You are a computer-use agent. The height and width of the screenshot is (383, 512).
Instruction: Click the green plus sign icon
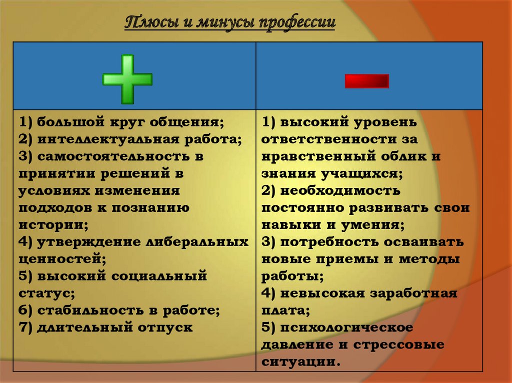[x=127, y=79]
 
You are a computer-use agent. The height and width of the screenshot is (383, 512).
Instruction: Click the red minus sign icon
[x=366, y=81]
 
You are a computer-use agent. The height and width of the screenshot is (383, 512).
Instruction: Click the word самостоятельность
[x=113, y=156]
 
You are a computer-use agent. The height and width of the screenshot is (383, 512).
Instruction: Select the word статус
[x=44, y=293]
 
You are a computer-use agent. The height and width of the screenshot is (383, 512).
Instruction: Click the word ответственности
[x=328, y=139]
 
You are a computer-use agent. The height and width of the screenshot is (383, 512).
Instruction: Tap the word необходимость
[x=340, y=191]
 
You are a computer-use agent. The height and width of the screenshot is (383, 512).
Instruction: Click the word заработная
[x=413, y=293]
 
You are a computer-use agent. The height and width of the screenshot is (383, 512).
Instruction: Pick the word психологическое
[x=346, y=328]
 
